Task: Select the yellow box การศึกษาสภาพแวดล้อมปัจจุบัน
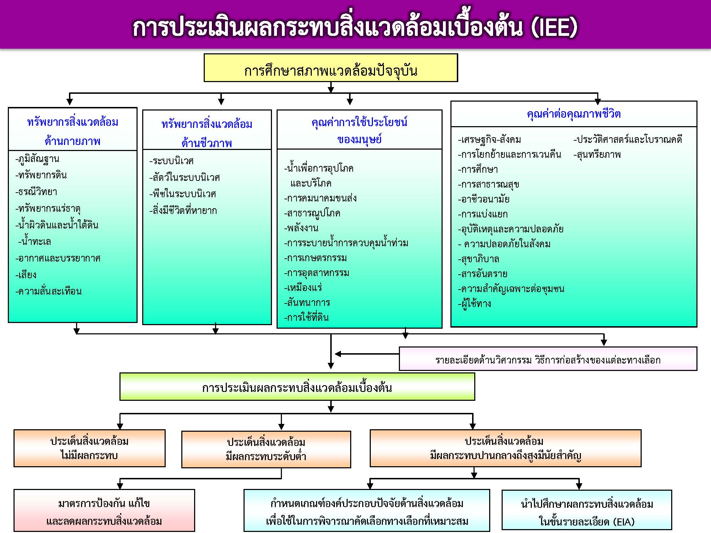pyautogui.click(x=331, y=68)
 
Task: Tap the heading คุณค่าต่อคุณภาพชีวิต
pyautogui.click(x=574, y=114)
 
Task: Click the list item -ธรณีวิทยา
pyautogui.click(x=36, y=192)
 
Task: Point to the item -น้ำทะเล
pyautogui.click(x=34, y=242)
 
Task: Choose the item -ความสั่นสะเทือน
pyautogui.click(x=48, y=291)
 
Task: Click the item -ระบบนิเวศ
pyautogui.click(x=171, y=161)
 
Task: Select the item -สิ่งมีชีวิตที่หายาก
pyautogui.click(x=183, y=210)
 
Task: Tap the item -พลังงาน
pyautogui.click(x=301, y=228)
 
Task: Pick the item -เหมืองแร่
pyautogui.click(x=303, y=287)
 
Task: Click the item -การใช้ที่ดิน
pyautogui.click(x=306, y=317)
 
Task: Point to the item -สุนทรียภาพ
pyautogui.click(x=597, y=155)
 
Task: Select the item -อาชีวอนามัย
pyautogui.click(x=483, y=199)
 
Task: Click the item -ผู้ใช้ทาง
pyautogui.click(x=474, y=304)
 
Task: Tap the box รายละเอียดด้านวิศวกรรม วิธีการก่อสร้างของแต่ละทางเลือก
pyautogui.click(x=548, y=359)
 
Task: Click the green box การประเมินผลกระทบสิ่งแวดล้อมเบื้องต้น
pyautogui.click(x=297, y=387)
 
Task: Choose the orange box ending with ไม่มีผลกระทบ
pyautogui.click(x=90, y=448)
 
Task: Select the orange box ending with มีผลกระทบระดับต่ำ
pyautogui.click(x=266, y=449)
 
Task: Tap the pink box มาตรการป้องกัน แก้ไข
pyautogui.click(x=104, y=511)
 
